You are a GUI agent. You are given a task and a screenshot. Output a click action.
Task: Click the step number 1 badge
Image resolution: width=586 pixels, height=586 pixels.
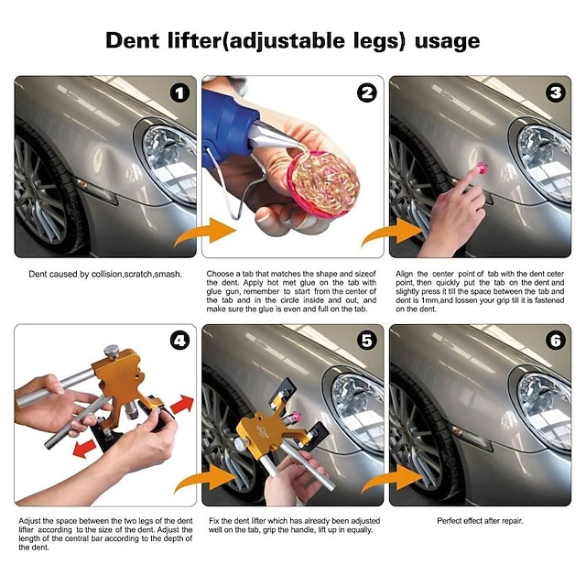coord(179,93)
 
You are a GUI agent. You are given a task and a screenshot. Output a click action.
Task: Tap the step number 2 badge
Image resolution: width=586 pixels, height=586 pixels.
coord(367,93)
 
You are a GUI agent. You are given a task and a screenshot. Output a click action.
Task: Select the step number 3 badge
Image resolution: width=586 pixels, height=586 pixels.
coord(555,93)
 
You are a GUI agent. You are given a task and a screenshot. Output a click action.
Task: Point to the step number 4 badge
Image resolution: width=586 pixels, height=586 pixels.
coord(179,342)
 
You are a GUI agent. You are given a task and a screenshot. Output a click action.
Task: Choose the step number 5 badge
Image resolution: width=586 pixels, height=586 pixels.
coord(367,342)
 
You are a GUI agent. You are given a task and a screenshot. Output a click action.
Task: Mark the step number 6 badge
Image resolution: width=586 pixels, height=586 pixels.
coord(555,342)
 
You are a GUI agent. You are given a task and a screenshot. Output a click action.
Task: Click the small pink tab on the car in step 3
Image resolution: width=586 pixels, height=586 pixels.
coord(481,168)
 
